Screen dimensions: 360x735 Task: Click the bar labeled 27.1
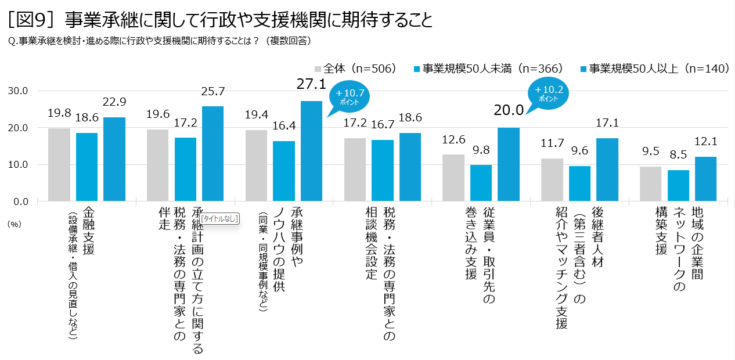point(311,151)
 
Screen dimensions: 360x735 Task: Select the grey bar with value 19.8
point(59,165)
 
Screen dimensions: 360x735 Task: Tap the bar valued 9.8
point(481,183)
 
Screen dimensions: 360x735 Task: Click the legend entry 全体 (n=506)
point(355,69)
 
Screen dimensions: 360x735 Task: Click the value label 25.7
point(212,92)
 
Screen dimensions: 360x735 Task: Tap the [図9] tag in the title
point(33,20)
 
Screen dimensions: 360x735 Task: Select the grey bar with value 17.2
point(355,170)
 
